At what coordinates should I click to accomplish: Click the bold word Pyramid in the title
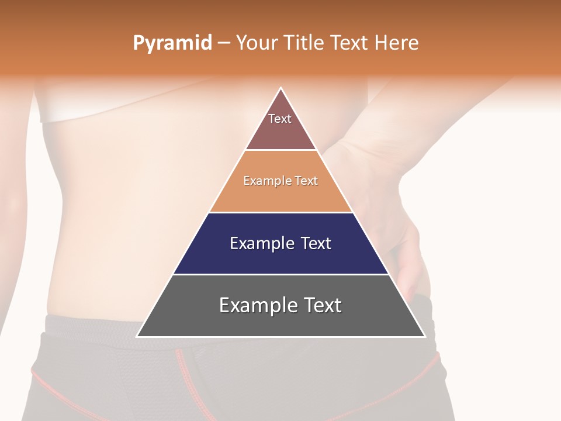[172, 43]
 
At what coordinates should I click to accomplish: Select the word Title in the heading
[305, 43]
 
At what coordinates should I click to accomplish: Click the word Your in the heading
[257, 43]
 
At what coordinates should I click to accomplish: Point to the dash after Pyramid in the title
[223, 43]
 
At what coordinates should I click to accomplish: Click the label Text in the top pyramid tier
[279, 119]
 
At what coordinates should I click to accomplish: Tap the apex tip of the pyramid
[281, 88]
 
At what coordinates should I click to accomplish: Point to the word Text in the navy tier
[316, 243]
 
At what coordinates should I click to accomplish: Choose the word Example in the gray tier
[258, 305]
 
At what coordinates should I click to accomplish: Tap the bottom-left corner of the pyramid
[137, 336]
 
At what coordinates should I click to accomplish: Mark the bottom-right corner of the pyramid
[424, 336]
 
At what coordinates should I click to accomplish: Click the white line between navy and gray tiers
[280, 274]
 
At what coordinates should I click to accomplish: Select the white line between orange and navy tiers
[280, 212]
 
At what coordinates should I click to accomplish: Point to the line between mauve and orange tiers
[280, 150]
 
